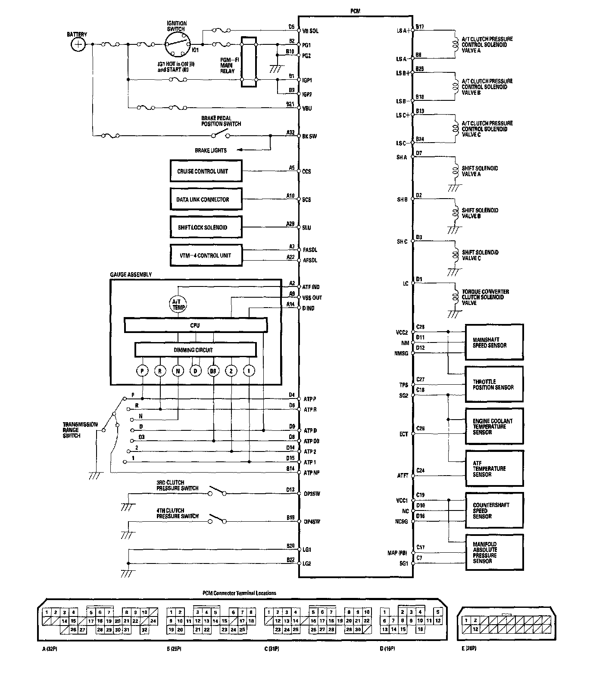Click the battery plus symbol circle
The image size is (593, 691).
(78, 44)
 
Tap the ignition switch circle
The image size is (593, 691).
(178, 44)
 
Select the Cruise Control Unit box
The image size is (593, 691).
(206, 171)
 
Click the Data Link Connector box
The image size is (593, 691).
(206, 199)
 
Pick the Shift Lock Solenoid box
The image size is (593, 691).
(206, 227)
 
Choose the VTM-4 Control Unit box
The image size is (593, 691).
(206, 255)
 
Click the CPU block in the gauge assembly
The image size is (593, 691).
(195, 325)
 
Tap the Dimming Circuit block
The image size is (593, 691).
(195, 350)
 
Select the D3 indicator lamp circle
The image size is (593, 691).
(213, 370)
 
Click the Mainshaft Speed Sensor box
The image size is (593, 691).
(494, 342)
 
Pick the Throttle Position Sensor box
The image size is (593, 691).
(494, 384)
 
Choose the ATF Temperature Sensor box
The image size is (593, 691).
(494, 469)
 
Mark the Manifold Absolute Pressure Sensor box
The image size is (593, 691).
(494, 553)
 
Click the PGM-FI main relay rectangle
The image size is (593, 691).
(248, 62)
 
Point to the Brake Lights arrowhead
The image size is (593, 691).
(238, 150)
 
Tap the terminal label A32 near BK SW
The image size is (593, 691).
(290, 133)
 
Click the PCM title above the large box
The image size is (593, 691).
(356, 11)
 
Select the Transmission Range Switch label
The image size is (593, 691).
(80, 430)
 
